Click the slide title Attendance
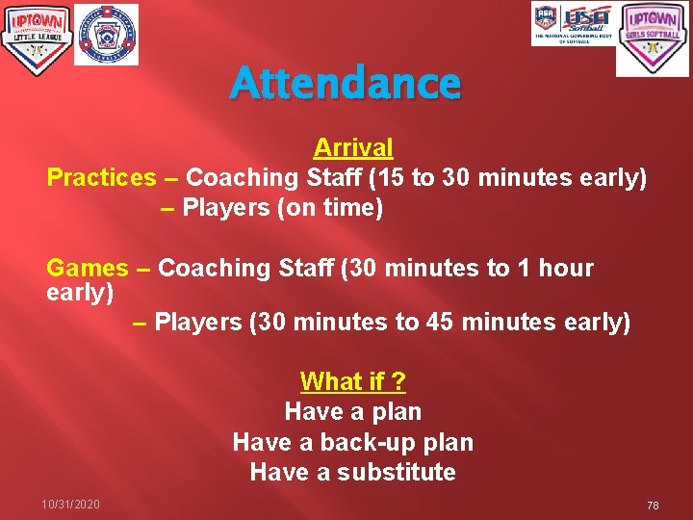(x=346, y=84)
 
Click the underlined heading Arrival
(x=353, y=147)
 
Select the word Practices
(x=101, y=177)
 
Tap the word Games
(x=87, y=268)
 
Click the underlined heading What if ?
(x=352, y=381)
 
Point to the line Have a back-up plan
(x=352, y=442)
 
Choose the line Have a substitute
(x=352, y=472)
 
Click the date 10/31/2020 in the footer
(x=70, y=505)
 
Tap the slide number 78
(x=653, y=506)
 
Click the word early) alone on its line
(x=80, y=291)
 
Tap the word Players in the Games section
(x=198, y=322)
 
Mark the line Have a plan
(x=352, y=412)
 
